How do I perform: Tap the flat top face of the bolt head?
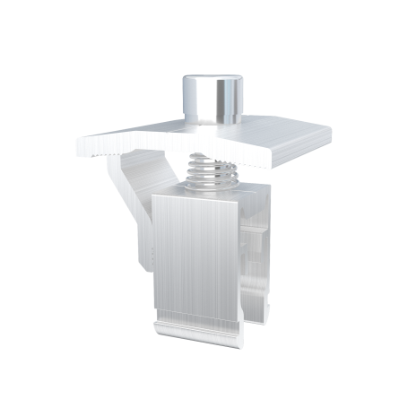coord(213,82)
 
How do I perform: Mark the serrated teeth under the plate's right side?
coord(287,165)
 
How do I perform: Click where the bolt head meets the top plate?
coord(213,124)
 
